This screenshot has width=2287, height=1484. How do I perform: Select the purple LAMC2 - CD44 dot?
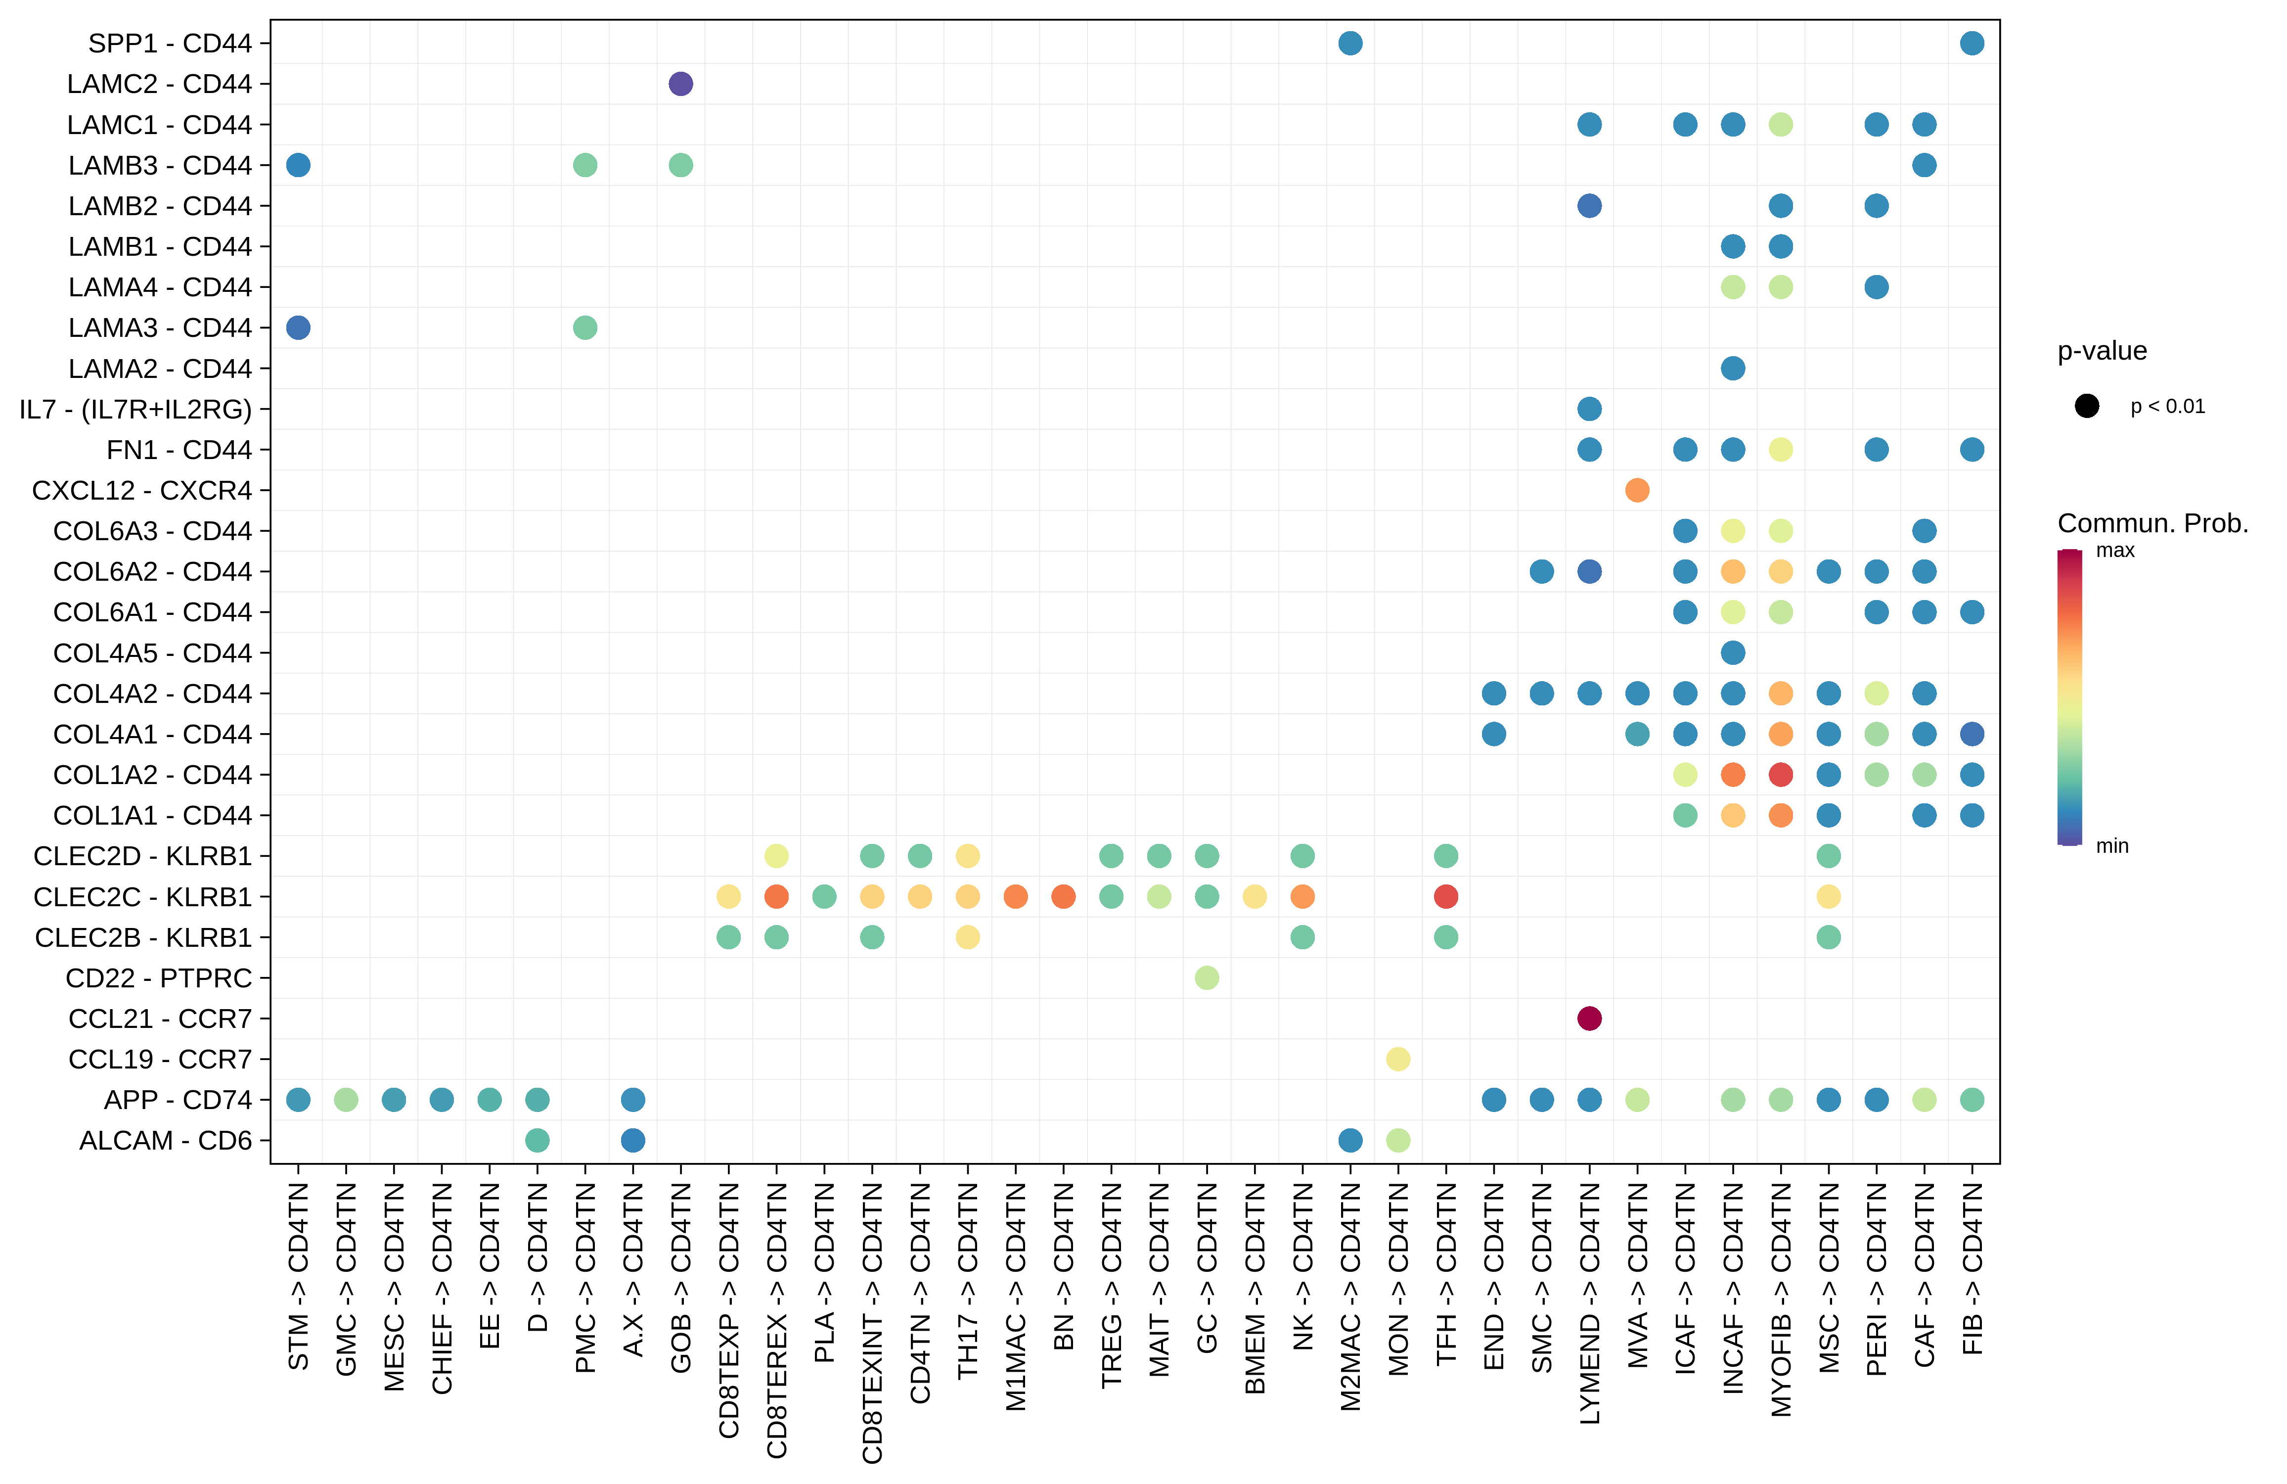[x=680, y=84]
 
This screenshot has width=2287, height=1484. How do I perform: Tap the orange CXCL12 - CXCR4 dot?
[x=1637, y=490]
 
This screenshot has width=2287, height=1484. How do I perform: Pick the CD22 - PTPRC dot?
[x=1207, y=977]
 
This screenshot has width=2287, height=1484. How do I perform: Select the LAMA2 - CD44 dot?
[x=1733, y=368]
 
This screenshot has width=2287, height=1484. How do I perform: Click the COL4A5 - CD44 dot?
[x=1733, y=652]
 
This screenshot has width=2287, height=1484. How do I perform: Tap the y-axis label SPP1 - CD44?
[x=169, y=43]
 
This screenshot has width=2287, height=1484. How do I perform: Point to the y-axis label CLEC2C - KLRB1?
[x=142, y=897]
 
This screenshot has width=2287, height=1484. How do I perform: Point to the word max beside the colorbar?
[x=2115, y=551]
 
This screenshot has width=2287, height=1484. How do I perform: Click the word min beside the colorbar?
[x=2112, y=846]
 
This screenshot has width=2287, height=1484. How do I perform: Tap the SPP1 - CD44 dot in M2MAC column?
[x=1350, y=43]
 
